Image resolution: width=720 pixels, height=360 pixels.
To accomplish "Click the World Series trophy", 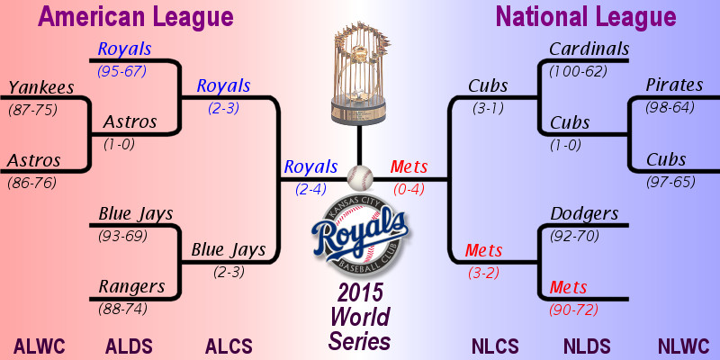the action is point(359,74).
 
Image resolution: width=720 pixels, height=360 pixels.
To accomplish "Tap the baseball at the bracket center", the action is point(360,178).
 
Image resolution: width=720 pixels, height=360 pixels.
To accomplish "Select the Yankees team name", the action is point(41,87).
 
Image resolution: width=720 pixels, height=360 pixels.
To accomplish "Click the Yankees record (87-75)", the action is point(32,110).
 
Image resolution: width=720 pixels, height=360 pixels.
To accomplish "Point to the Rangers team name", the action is point(131,286).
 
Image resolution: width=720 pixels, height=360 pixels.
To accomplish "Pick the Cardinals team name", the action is point(589,49).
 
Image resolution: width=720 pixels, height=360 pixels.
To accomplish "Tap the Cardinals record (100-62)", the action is point(578,71).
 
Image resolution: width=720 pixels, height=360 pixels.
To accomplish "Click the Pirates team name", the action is point(674,85).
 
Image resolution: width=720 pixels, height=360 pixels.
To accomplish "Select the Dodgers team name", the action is point(584,213).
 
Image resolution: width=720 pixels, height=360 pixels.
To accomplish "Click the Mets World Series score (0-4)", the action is point(409,189).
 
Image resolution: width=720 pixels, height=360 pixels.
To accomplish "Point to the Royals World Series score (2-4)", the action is point(311,189).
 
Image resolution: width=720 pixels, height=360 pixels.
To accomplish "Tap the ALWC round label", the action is point(40,346).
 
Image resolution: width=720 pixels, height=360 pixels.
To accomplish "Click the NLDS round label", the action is point(587,346).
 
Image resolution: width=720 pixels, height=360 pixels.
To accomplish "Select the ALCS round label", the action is point(229,346).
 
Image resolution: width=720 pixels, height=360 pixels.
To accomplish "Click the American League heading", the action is point(136,17).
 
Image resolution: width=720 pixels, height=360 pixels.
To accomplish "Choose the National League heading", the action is point(586,17).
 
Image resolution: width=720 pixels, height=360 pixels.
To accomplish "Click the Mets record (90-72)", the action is point(574,310).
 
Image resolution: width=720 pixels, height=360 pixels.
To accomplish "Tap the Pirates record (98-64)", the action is point(670,107).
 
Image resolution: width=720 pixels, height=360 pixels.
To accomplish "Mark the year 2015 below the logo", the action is point(361,293).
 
